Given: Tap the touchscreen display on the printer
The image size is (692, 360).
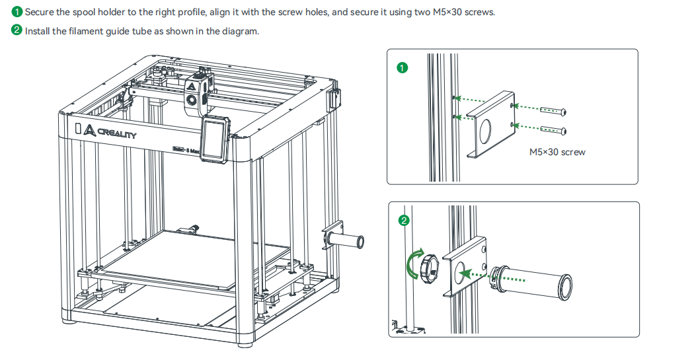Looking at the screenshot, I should coord(214,138).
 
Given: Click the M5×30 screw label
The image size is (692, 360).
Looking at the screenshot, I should coord(557,152).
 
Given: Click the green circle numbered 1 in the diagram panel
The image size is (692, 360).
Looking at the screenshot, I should coord(401,67).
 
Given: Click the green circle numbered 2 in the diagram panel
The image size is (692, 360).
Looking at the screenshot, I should coord(404,220).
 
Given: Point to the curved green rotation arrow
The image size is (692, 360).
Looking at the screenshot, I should coord(413,266).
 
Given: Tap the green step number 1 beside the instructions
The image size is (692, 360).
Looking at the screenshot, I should coord(17,13).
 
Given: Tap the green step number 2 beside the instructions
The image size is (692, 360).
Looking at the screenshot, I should coord(17,31).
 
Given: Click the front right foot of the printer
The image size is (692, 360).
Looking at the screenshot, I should coord(245,342).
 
